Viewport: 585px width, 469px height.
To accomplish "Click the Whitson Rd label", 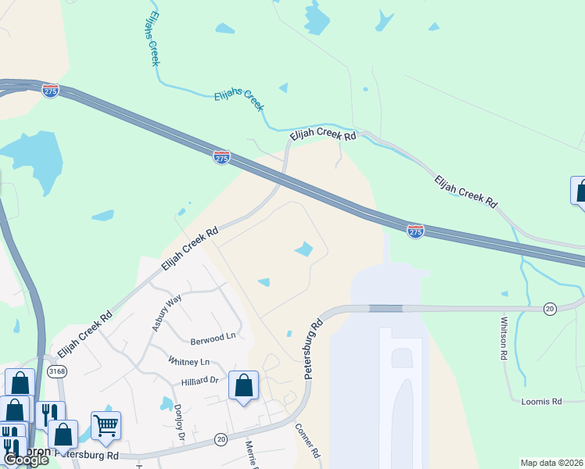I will point(503,338).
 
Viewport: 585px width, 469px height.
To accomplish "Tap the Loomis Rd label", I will point(541,401).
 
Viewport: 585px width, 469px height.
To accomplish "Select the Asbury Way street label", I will point(167,313).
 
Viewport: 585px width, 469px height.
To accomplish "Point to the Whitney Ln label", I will point(188,362).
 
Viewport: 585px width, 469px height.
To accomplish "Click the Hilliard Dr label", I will point(199,381).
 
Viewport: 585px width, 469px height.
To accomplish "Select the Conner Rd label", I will point(307,441).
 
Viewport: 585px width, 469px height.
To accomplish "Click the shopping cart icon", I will point(106,426).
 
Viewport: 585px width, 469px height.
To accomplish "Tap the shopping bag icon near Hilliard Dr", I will point(243,385).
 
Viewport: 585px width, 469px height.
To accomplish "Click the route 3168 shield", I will point(56,371).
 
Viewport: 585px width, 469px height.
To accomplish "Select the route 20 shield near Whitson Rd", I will point(550,310).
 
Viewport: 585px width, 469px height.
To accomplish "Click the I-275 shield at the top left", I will point(50,91).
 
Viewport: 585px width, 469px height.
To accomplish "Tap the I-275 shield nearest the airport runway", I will point(415,231).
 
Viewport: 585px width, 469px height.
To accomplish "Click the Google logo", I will point(25,460).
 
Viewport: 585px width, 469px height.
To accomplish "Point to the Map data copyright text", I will point(552,463).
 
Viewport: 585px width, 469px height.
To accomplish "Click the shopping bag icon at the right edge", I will point(580,191).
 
